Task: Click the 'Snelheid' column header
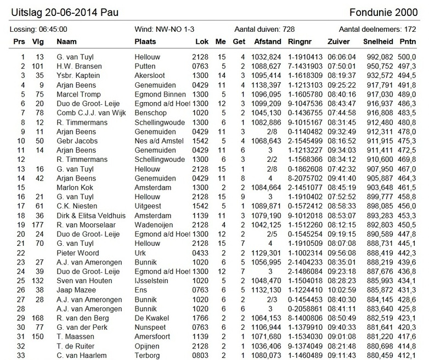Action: click(377, 42)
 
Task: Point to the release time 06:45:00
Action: click(52, 30)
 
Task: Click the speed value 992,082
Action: click(375, 57)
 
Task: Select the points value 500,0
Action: click(407, 57)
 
